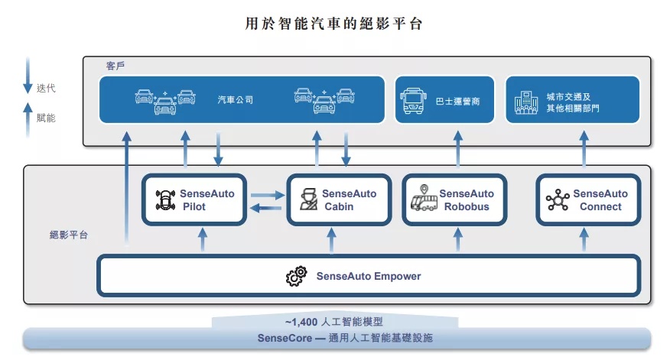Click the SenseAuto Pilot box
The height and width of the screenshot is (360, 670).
tap(194, 199)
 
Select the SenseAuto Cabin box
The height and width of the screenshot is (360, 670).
tap(340, 199)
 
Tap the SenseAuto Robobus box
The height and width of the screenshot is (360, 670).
tap(454, 199)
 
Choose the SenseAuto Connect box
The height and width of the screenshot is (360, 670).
tap(588, 199)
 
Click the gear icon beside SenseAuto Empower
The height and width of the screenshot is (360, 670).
tap(297, 276)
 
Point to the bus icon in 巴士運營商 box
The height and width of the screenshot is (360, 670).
tap(413, 101)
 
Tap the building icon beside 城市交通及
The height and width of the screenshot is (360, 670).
tap(526, 102)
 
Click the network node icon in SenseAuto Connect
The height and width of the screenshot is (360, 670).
tap(558, 199)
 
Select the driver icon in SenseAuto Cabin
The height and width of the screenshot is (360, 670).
tap(308, 199)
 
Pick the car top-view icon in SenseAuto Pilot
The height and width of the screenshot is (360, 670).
tap(165, 199)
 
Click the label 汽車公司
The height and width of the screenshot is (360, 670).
tap(236, 100)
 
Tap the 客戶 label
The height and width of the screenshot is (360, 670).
tap(115, 66)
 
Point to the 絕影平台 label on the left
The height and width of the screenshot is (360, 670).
tap(69, 235)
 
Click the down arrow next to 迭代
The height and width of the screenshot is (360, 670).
tap(28, 75)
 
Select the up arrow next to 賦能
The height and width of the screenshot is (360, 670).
tap(28, 119)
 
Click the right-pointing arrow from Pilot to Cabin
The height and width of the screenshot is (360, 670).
tap(268, 195)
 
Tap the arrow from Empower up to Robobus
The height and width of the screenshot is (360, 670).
tap(457, 239)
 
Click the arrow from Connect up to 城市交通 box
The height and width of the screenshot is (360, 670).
tap(584, 148)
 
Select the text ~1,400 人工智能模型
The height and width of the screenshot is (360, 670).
tap(334, 322)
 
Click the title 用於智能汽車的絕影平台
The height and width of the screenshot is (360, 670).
tap(334, 24)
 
